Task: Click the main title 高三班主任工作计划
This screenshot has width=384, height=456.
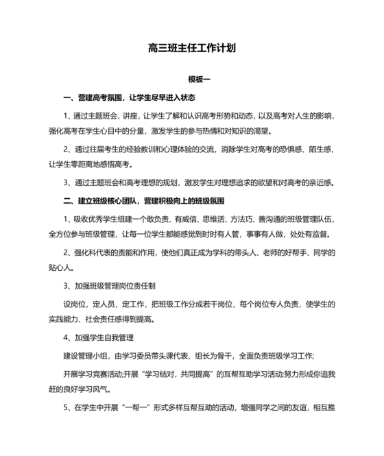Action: point(192,49)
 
